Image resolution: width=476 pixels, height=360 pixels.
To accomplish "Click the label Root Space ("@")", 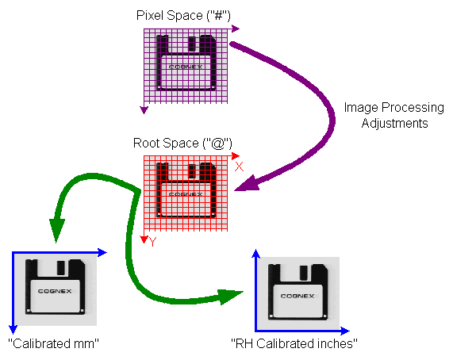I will (182, 144).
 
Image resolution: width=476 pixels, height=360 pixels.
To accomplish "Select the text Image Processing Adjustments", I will (394, 115).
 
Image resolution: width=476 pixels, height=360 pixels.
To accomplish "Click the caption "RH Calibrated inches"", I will (294, 343).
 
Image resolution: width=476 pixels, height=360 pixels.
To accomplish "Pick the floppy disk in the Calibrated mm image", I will (55, 287).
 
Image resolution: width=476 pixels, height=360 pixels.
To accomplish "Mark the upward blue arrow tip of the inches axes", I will (255, 253).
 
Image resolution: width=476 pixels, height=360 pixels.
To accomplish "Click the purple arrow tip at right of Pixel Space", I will (236, 29).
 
